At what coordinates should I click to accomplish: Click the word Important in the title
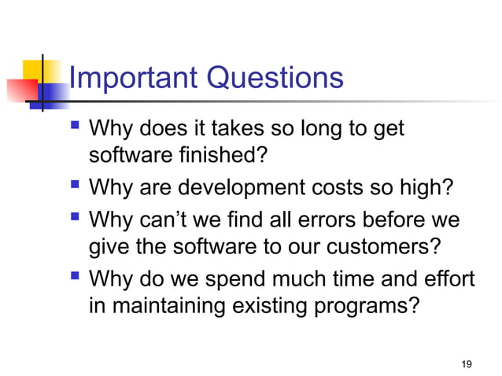(133, 78)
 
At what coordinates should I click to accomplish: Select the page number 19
(467, 363)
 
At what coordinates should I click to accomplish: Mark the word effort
(450, 278)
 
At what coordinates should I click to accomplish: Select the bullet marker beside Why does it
(76, 126)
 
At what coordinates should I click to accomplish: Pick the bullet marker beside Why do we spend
(76, 277)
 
